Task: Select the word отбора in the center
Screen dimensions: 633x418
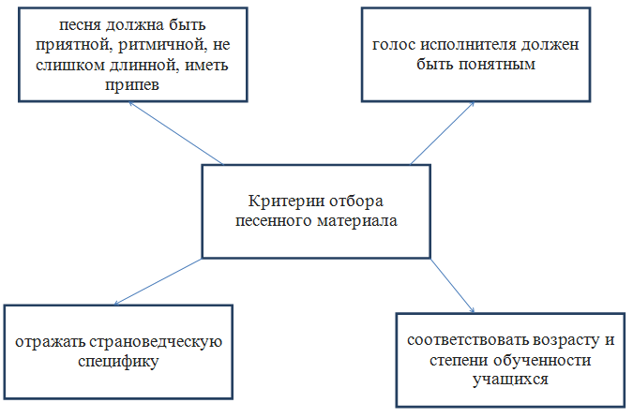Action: pos(356,202)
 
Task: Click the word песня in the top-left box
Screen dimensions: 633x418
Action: pos(80,25)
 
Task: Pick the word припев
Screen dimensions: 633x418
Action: pos(132,85)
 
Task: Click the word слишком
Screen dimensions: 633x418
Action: pos(69,65)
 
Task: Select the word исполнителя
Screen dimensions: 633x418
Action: pos(468,45)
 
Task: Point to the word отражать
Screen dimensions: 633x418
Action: pos(50,342)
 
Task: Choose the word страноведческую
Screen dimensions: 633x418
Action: pos(156,342)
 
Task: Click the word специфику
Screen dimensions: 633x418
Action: pos(118,362)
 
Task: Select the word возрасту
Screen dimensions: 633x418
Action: pos(566,341)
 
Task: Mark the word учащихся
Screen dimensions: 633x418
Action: pos(510,381)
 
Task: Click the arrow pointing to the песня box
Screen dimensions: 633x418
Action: pos(175,133)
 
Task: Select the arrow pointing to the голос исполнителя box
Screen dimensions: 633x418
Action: pos(442,133)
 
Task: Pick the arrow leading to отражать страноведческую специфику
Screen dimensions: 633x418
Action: pos(158,281)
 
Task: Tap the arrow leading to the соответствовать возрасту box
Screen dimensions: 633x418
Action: pos(453,286)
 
